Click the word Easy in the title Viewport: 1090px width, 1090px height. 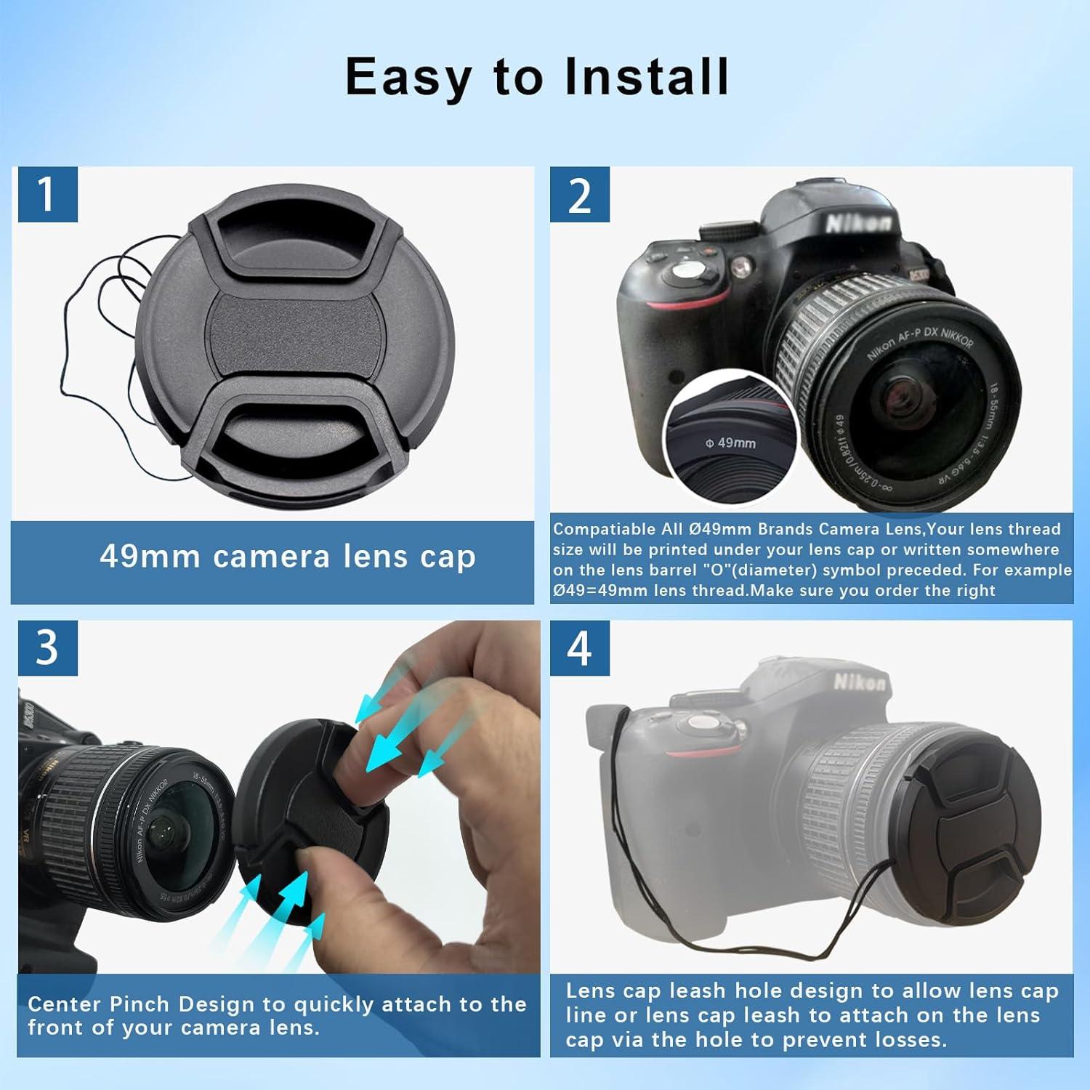coord(407,77)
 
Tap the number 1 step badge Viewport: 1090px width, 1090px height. coord(47,194)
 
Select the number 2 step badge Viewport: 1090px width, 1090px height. coord(579,194)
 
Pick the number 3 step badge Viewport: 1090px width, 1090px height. coord(47,647)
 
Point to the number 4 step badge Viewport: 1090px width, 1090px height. coord(579,647)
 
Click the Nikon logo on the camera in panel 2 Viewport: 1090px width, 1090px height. coord(857,222)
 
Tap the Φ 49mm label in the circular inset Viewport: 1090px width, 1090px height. coord(730,443)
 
